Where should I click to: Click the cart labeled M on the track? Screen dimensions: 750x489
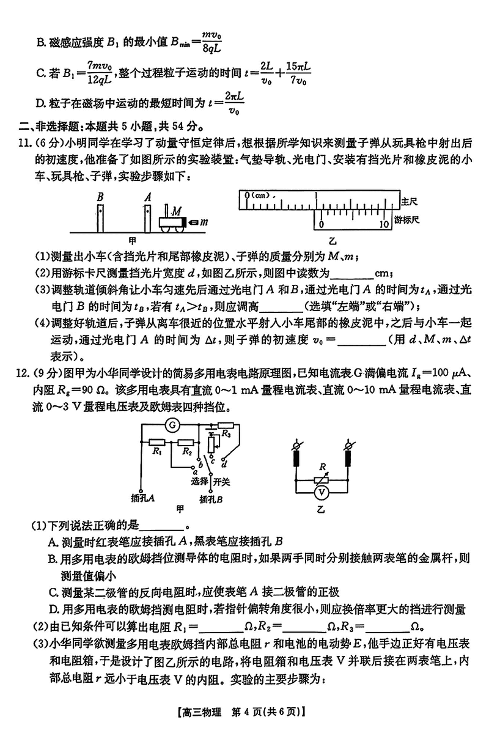[x=173, y=222]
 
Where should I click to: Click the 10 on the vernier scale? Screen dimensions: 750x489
[x=383, y=224]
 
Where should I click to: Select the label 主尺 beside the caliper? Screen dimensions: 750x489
[x=408, y=200]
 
